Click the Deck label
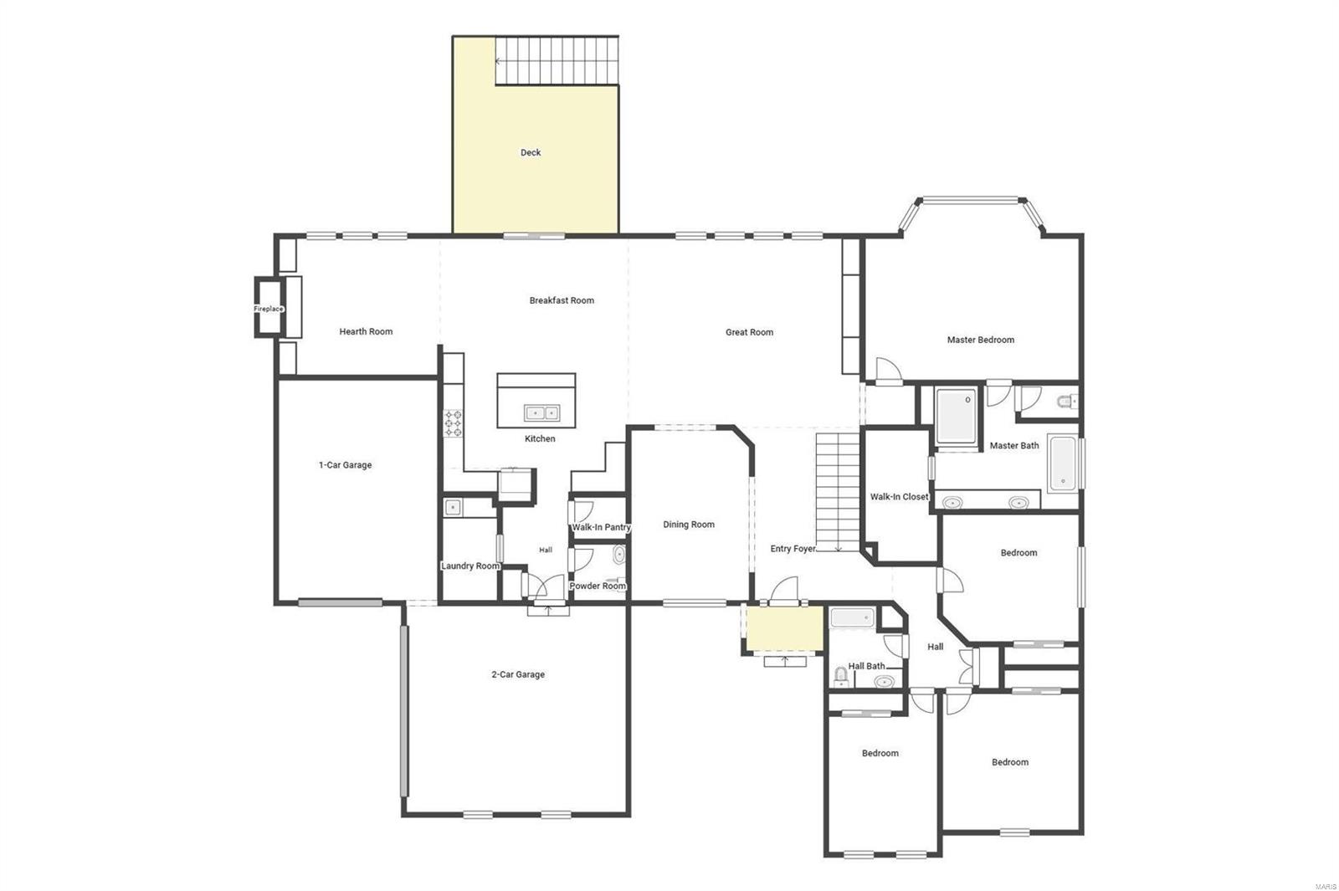pos(531,152)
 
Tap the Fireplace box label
pos(269,309)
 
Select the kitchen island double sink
pos(541,412)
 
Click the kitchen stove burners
pos(453,423)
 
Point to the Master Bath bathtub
pos(1062,463)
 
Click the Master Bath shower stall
pos(956,415)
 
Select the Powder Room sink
pos(618,554)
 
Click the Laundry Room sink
pos(453,506)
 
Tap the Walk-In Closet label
pos(899,497)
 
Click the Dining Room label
pos(689,525)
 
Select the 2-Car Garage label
pos(518,674)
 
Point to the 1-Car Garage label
pos(345,465)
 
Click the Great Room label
pos(749,332)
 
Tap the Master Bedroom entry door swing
pos(887,371)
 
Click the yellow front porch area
pos(784,628)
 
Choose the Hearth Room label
pos(366,331)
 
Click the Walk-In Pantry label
pos(601,527)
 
